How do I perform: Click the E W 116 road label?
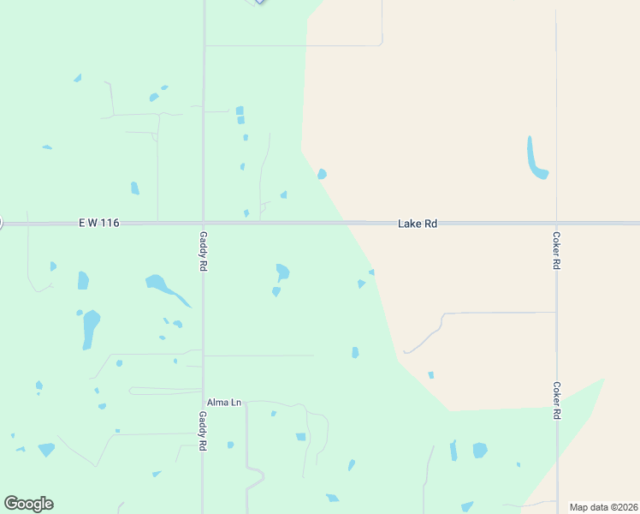tap(98, 223)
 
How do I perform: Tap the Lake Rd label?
tap(418, 224)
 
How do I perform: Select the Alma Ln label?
tap(223, 402)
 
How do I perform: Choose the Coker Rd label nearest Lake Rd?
tap(556, 251)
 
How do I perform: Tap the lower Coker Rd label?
tap(556, 400)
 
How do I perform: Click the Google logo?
tap(28, 504)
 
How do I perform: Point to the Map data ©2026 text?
tap(603, 507)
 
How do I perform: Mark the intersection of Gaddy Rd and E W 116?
tap(203, 224)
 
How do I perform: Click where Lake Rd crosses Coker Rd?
tap(556, 224)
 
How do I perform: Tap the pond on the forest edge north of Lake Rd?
tap(322, 174)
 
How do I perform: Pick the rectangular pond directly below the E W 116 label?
tap(83, 280)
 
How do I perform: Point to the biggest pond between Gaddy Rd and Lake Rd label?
tap(281, 272)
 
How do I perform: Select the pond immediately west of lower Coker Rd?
tap(479, 450)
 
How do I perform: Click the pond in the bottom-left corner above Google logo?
tap(46, 449)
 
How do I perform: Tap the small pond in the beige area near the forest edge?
tap(430, 374)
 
